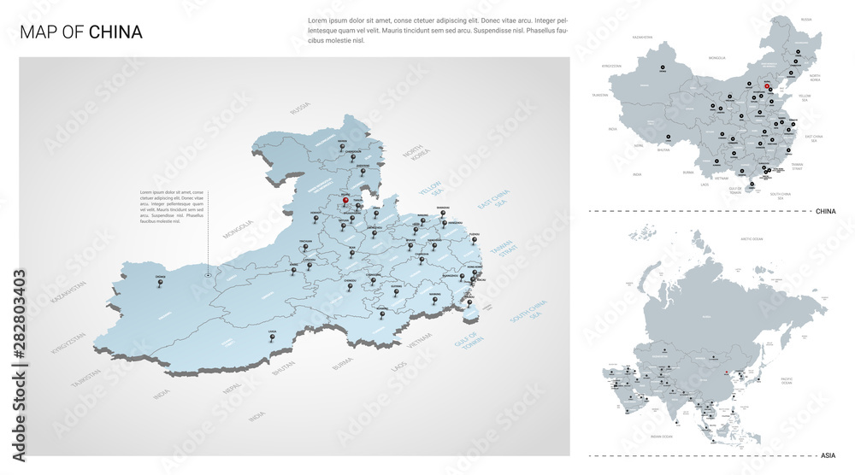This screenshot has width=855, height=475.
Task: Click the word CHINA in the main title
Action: (x=115, y=32)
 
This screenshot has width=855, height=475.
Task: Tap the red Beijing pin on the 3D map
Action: (x=345, y=202)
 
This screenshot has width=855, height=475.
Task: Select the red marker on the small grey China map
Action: (x=767, y=85)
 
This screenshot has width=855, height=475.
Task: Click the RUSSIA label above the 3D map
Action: (x=300, y=108)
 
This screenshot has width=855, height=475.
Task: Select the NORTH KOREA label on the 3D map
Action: (x=416, y=156)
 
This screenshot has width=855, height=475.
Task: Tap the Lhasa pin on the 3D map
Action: (x=273, y=337)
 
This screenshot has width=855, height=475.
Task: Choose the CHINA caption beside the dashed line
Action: (x=825, y=210)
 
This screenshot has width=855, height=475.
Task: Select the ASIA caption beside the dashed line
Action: (x=828, y=455)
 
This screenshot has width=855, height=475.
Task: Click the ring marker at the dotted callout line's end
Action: (x=209, y=275)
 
